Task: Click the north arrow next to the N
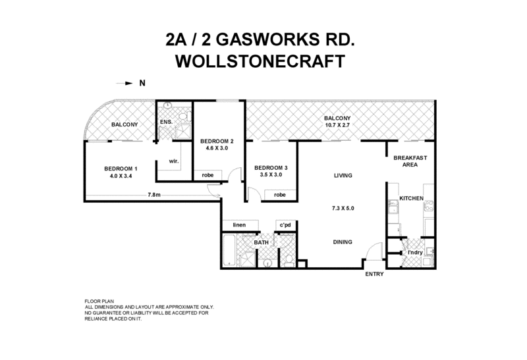[124, 84]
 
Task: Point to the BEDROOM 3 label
[271, 167]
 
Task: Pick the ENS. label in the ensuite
[165, 122]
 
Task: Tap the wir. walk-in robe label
[175, 161]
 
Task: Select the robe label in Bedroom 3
[280, 195]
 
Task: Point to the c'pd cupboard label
[286, 225]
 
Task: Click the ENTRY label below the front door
[374, 274]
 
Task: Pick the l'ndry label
[414, 252]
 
